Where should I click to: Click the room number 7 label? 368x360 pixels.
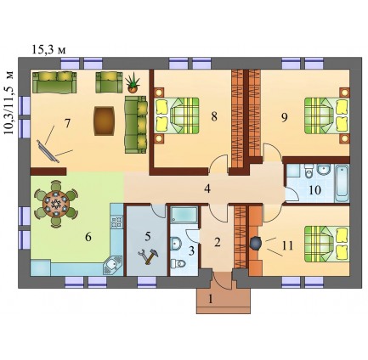67,123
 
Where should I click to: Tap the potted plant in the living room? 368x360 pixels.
133,82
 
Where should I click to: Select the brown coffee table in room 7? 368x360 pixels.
105,121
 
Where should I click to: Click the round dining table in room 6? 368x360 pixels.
56,204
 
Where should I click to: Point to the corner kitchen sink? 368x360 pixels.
112,265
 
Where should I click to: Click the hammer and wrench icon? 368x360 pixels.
148,256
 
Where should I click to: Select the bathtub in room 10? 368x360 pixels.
342,183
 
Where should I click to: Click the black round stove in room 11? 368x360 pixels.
257,244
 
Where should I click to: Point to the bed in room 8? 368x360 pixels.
177,115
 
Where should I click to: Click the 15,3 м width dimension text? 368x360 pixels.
48,49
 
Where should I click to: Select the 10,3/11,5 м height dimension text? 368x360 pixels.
9,103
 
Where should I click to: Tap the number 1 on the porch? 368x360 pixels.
210,299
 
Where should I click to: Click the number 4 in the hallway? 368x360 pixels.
207,188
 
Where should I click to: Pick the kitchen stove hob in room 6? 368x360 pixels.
117,222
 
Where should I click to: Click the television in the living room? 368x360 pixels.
48,151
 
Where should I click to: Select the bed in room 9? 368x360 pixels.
326,115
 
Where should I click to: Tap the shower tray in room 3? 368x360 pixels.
184,215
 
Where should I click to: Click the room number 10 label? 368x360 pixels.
314,190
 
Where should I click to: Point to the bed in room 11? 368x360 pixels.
326,244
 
